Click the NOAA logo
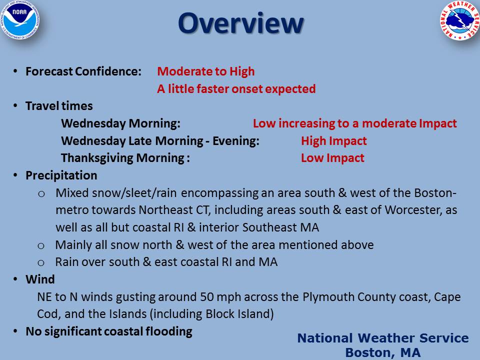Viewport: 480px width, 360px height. (x=19, y=19)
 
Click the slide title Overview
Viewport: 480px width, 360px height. (x=240, y=23)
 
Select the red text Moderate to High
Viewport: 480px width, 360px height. (x=205, y=71)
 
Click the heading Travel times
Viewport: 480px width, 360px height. (x=59, y=106)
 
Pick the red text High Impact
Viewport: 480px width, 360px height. (x=333, y=141)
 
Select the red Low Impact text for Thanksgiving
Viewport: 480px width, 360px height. (x=332, y=158)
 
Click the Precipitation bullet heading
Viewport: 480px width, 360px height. (x=61, y=175)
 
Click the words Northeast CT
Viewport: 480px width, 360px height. (x=173, y=210)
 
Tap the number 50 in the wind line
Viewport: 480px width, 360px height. (x=207, y=297)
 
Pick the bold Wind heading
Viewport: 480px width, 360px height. (x=40, y=279)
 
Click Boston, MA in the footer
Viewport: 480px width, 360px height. (x=382, y=352)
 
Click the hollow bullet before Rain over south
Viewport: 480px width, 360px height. (x=41, y=263)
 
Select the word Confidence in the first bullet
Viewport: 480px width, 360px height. (x=108, y=71)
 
